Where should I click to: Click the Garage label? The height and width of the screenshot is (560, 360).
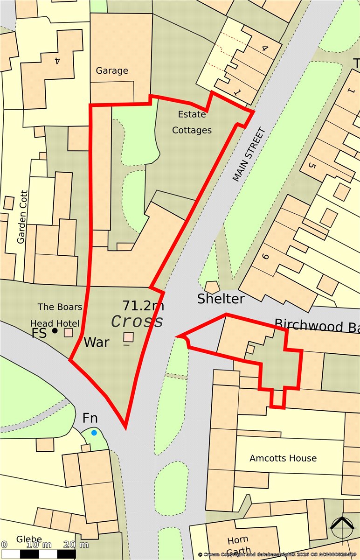[111, 71]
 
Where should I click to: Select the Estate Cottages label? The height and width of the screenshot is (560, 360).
[192, 122]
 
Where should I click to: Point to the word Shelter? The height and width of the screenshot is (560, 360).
[221, 299]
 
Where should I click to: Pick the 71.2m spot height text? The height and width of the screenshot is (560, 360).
[143, 306]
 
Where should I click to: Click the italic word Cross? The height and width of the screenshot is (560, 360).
[138, 322]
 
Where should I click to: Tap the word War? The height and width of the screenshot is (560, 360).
[97, 342]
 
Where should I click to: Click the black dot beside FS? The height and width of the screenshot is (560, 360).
[55, 331]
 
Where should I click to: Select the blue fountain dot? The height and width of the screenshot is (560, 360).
[94, 433]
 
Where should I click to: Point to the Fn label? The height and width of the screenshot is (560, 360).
[90, 418]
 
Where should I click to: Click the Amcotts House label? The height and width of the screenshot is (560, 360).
[283, 458]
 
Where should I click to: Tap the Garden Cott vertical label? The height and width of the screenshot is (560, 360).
[21, 217]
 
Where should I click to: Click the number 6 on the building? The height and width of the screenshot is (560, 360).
[266, 256]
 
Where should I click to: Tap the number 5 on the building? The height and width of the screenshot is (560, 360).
[312, 165]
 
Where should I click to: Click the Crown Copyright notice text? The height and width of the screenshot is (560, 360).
[277, 554]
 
